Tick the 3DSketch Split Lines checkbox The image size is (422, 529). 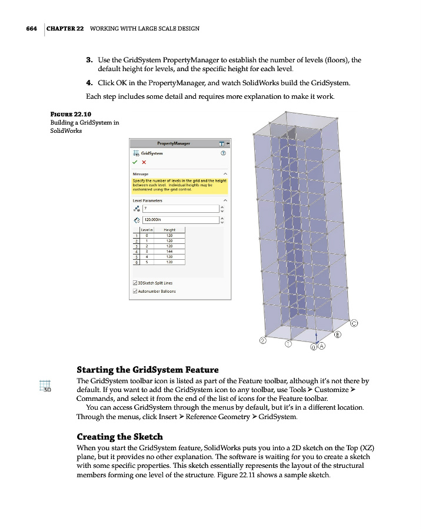(x=135, y=283)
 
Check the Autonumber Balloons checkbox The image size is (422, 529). (x=135, y=291)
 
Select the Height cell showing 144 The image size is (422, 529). (x=169, y=251)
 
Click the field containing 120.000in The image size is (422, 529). (x=180, y=220)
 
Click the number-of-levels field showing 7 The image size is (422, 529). (x=180, y=208)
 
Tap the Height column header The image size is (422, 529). (x=169, y=230)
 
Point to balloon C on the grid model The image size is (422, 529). (x=355, y=323)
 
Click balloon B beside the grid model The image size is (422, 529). (x=338, y=335)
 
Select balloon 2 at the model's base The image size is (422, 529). (x=263, y=340)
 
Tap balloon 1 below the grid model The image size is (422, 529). (x=288, y=344)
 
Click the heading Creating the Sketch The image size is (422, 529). (x=119, y=437)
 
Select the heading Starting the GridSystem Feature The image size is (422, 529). (x=147, y=370)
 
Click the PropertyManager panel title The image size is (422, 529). (x=174, y=143)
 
